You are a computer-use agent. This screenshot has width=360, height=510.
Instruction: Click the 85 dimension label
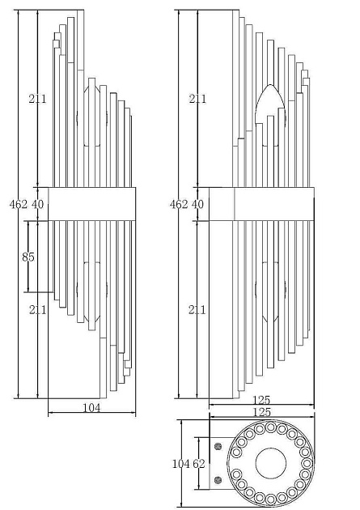coord(28,257)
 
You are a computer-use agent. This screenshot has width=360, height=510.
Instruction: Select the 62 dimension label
coord(198,464)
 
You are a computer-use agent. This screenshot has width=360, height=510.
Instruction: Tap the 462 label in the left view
coord(19,204)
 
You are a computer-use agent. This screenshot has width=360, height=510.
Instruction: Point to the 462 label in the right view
coord(179,204)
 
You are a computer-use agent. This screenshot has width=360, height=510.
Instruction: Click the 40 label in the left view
coord(37,204)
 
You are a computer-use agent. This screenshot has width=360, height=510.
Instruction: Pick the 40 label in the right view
coord(197,204)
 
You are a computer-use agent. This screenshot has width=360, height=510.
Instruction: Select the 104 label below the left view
coord(92,407)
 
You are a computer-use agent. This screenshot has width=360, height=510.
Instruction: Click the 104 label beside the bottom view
coord(181,464)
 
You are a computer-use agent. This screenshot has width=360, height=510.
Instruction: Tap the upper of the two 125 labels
coord(261,400)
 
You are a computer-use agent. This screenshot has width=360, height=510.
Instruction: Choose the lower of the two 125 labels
coord(261,412)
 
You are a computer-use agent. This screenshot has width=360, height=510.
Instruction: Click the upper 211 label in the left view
coord(37,99)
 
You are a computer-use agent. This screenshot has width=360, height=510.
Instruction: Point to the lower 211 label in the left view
coord(38,309)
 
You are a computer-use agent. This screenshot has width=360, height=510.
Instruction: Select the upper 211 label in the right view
coord(197,99)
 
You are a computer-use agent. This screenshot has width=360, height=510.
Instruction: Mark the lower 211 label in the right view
coord(197,309)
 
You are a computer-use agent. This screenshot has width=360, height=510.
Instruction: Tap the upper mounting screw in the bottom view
coord(218,447)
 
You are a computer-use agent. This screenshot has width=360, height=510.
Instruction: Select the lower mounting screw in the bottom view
coord(218,479)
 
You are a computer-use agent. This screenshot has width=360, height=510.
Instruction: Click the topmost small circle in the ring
coord(271,427)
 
